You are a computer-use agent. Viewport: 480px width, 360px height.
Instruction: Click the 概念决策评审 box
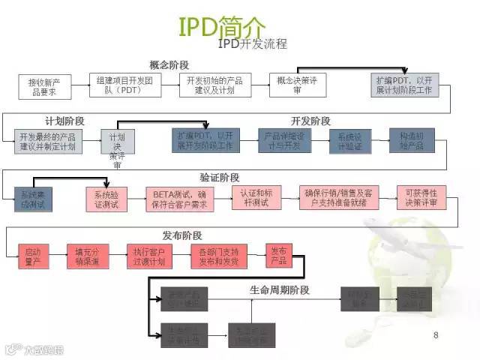(x=298, y=85)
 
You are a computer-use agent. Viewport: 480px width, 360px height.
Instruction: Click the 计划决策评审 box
(x=116, y=146)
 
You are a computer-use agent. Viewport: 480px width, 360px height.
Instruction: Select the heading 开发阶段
(x=310, y=121)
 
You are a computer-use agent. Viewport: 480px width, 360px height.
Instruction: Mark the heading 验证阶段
(x=220, y=178)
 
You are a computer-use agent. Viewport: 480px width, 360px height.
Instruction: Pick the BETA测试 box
(x=179, y=197)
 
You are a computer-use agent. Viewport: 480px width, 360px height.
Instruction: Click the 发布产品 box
(x=277, y=256)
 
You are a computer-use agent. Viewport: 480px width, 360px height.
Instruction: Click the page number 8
(x=436, y=334)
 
